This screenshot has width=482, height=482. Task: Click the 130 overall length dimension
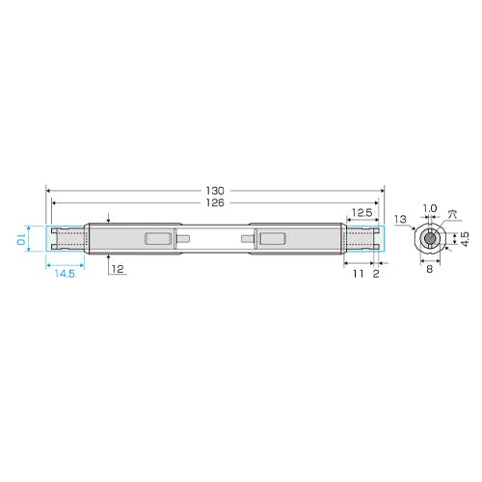tap(215, 191)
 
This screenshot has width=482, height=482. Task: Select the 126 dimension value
tap(215, 202)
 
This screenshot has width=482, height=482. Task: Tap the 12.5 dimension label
tap(362, 213)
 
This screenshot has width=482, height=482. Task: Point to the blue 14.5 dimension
tap(65, 274)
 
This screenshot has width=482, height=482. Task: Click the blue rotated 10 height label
tap(21, 239)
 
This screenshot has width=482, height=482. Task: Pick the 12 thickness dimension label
tap(118, 269)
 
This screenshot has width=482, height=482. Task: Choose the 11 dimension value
tap(359, 274)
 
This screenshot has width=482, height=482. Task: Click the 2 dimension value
tap(376, 274)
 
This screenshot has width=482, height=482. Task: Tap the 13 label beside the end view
tap(400, 220)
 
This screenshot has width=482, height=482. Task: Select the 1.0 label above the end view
tap(430, 208)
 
